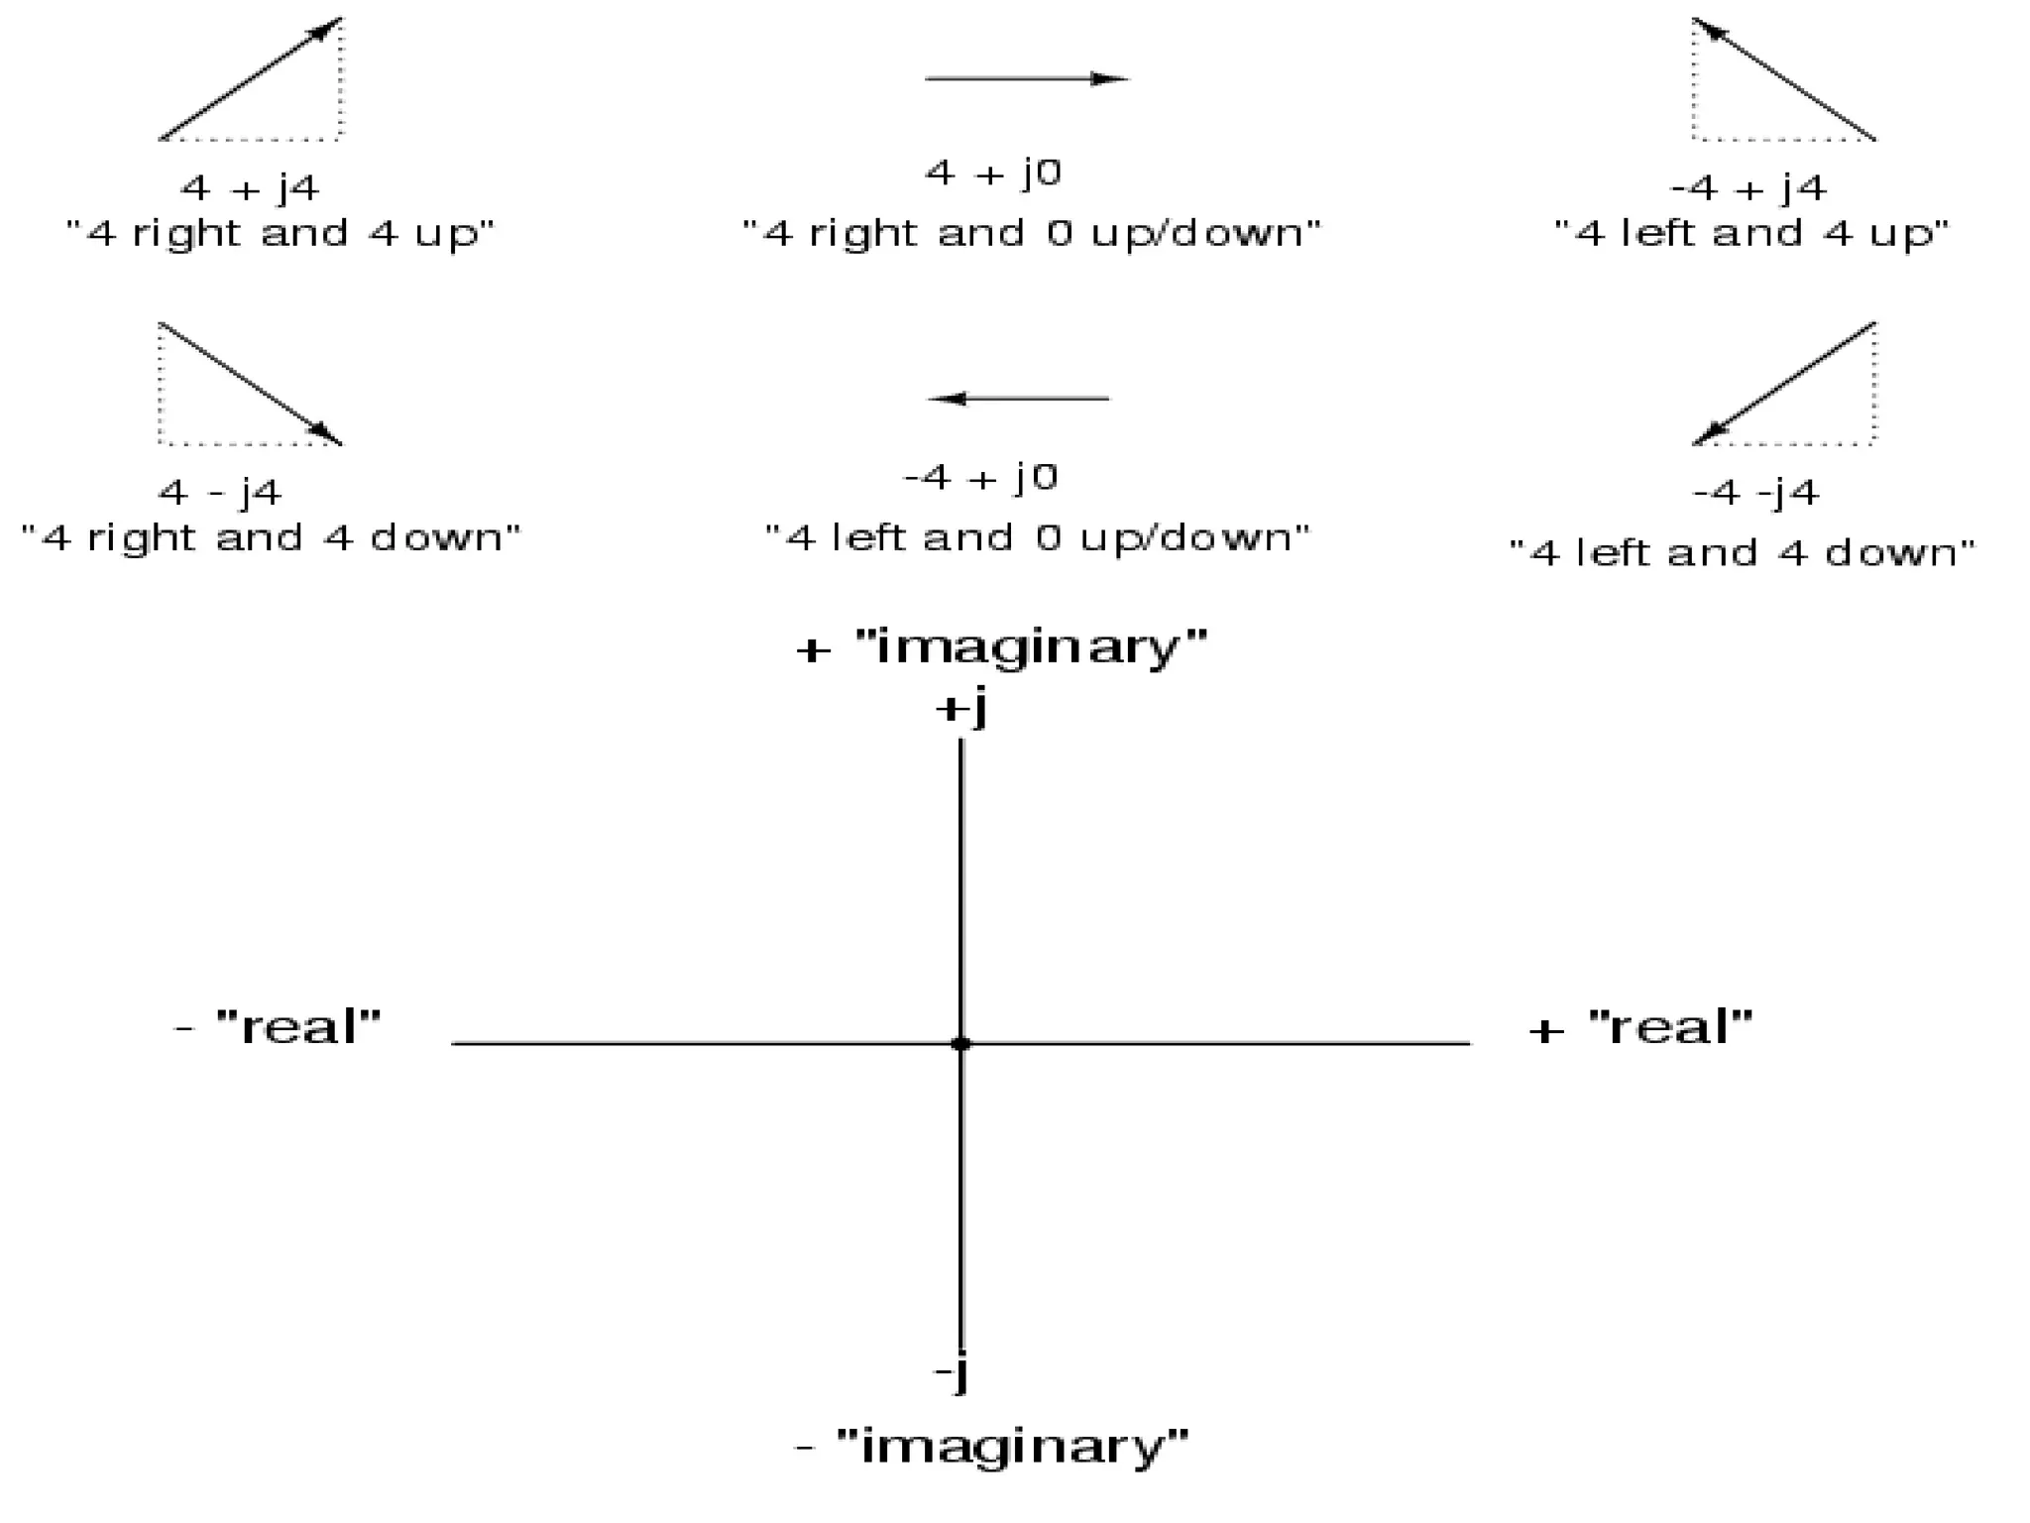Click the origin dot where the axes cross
(959, 1043)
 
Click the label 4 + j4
(250, 187)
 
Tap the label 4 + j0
(993, 174)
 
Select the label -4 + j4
(1748, 187)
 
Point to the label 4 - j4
(220, 492)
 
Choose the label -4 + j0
(981, 478)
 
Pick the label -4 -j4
(1755, 492)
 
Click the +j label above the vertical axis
(960, 709)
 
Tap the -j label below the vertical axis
(952, 1374)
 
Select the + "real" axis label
(1640, 1027)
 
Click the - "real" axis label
(278, 1027)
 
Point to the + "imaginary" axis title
(1001, 648)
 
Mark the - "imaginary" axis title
(991, 1447)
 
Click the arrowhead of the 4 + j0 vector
(1110, 78)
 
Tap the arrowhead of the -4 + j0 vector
(946, 399)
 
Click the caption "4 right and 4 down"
(271, 538)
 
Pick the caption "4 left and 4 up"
(1750, 234)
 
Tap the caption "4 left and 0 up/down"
(1037, 538)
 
